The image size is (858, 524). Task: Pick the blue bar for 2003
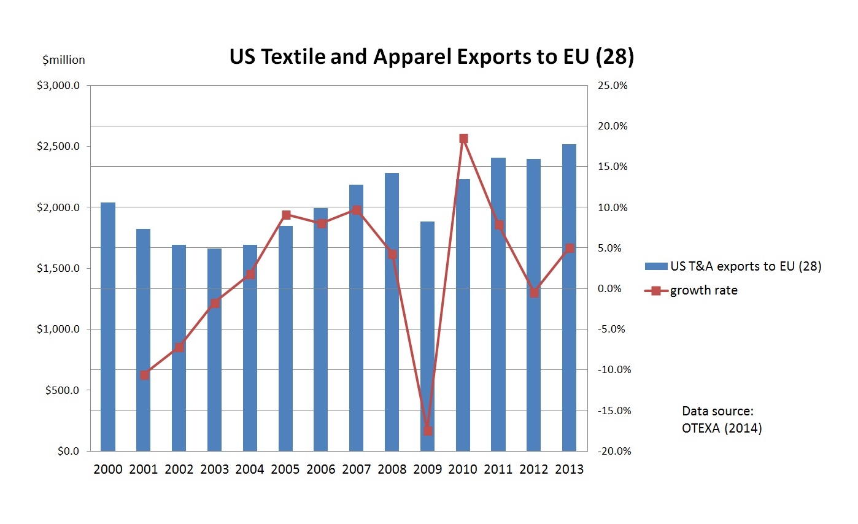click(x=214, y=350)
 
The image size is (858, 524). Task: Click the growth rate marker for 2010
click(x=463, y=139)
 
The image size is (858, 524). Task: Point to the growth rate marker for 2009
click(x=428, y=431)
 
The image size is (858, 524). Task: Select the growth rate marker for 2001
click(x=144, y=375)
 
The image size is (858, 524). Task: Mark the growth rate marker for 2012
click(x=534, y=293)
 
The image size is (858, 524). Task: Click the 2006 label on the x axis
click(x=321, y=470)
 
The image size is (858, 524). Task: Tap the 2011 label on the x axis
click(x=498, y=470)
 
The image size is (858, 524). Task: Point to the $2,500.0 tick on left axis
click(x=58, y=147)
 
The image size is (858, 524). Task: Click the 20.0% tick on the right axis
click(x=612, y=126)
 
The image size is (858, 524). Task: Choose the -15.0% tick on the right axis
click(x=611, y=410)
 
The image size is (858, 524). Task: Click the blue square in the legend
click(x=655, y=266)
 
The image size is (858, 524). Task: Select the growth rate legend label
click(x=703, y=290)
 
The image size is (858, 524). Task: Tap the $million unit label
click(x=64, y=60)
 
